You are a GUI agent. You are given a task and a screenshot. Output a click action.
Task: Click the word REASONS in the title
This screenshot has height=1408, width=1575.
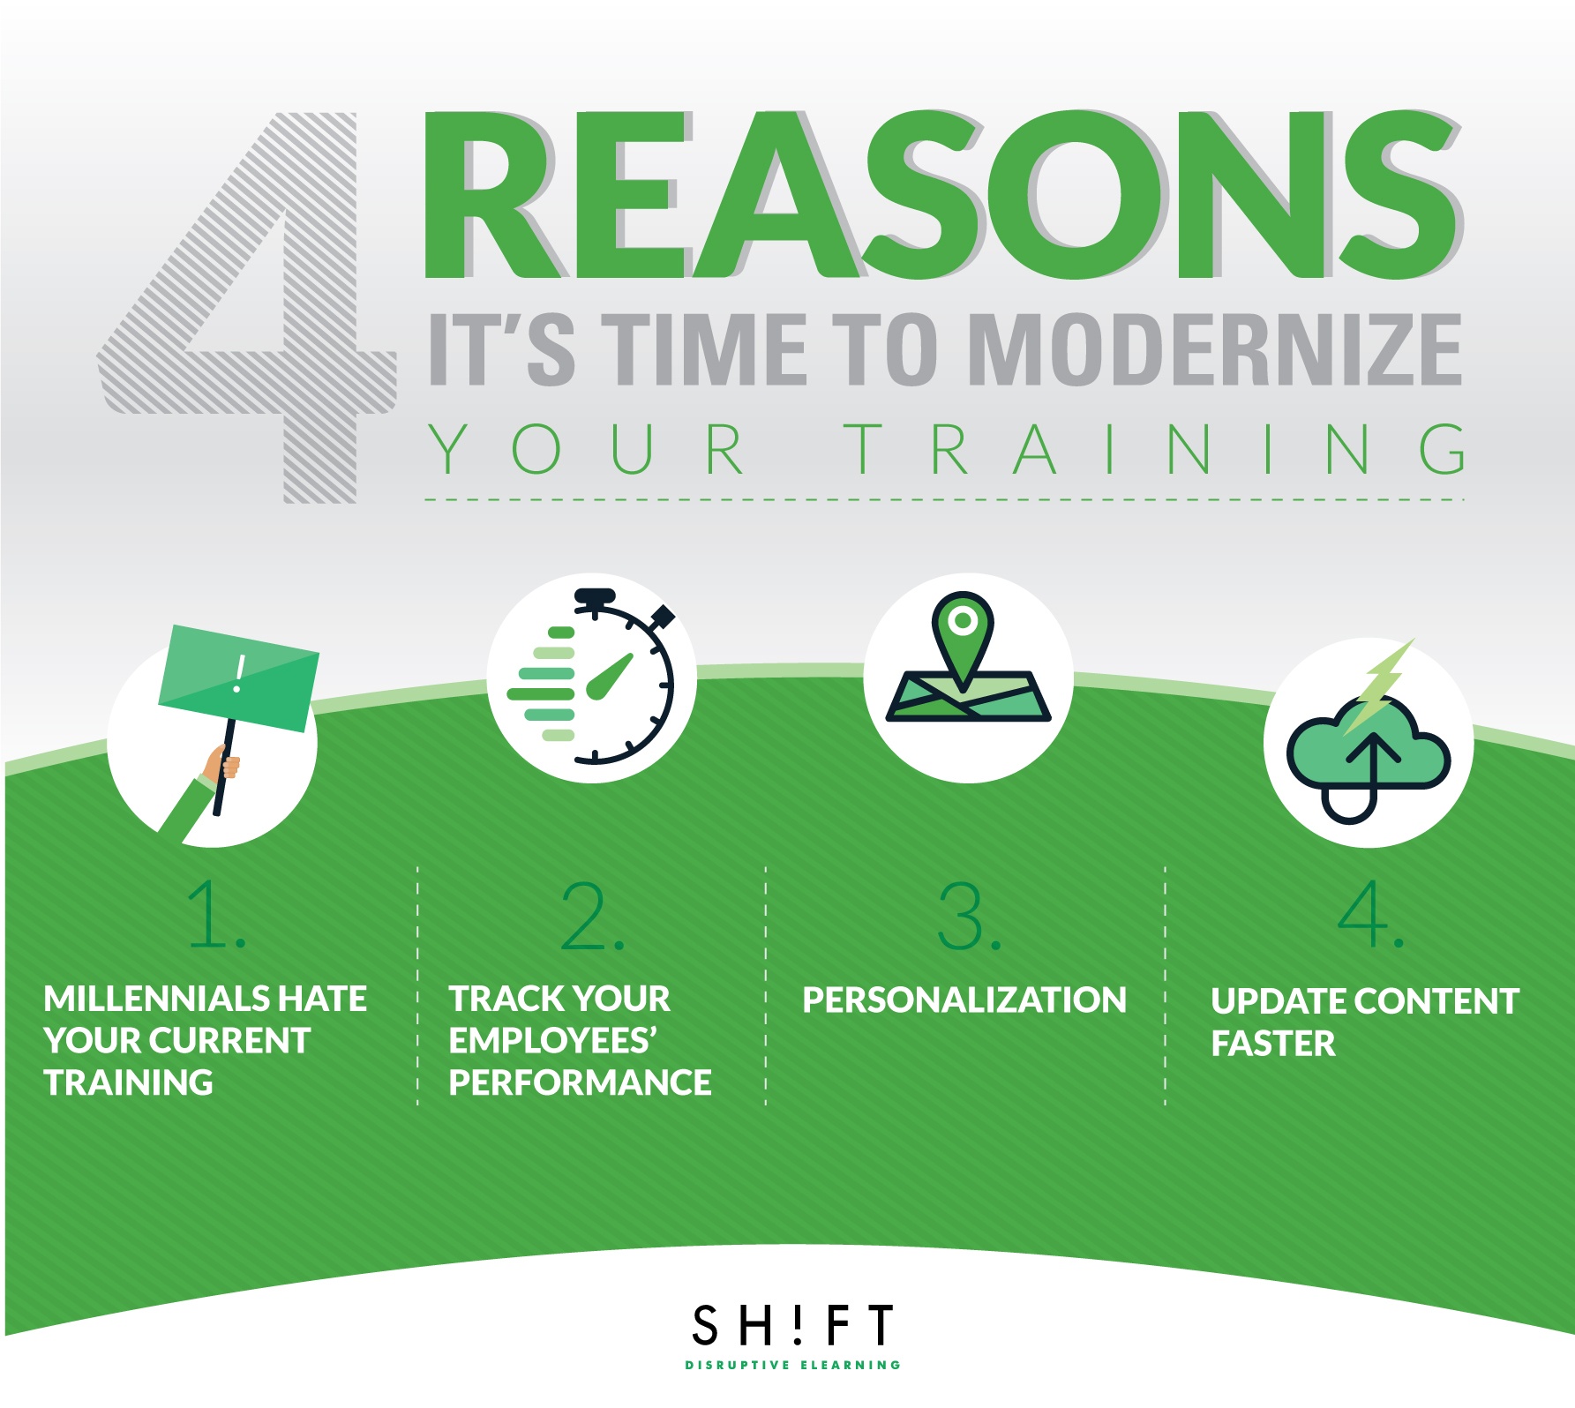pyautogui.click(x=942, y=196)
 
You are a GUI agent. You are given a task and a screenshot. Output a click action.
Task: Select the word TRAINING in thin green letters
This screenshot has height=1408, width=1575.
pyautogui.click(x=1155, y=449)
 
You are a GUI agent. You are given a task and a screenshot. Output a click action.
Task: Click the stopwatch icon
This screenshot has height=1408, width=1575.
pyautogui.click(x=591, y=676)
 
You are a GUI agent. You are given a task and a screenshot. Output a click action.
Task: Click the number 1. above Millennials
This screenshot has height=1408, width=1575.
pyautogui.click(x=216, y=915)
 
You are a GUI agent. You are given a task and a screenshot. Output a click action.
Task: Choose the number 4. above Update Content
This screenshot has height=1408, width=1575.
pyautogui.click(x=1370, y=914)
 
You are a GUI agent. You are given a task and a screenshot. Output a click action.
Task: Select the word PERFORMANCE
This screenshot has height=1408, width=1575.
pyautogui.click(x=580, y=1082)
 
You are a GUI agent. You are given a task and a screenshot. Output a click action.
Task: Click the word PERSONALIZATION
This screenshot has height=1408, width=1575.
pyautogui.click(x=964, y=1000)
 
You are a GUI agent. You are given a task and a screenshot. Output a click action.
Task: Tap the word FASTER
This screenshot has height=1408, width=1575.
pyautogui.click(x=1273, y=1044)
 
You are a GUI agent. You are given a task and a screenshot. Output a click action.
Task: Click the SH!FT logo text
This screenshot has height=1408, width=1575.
pyautogui.click(x=792, y=1324)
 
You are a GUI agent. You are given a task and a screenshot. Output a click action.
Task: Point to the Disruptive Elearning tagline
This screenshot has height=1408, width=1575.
pyautogui.click(x=792, y=1365)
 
